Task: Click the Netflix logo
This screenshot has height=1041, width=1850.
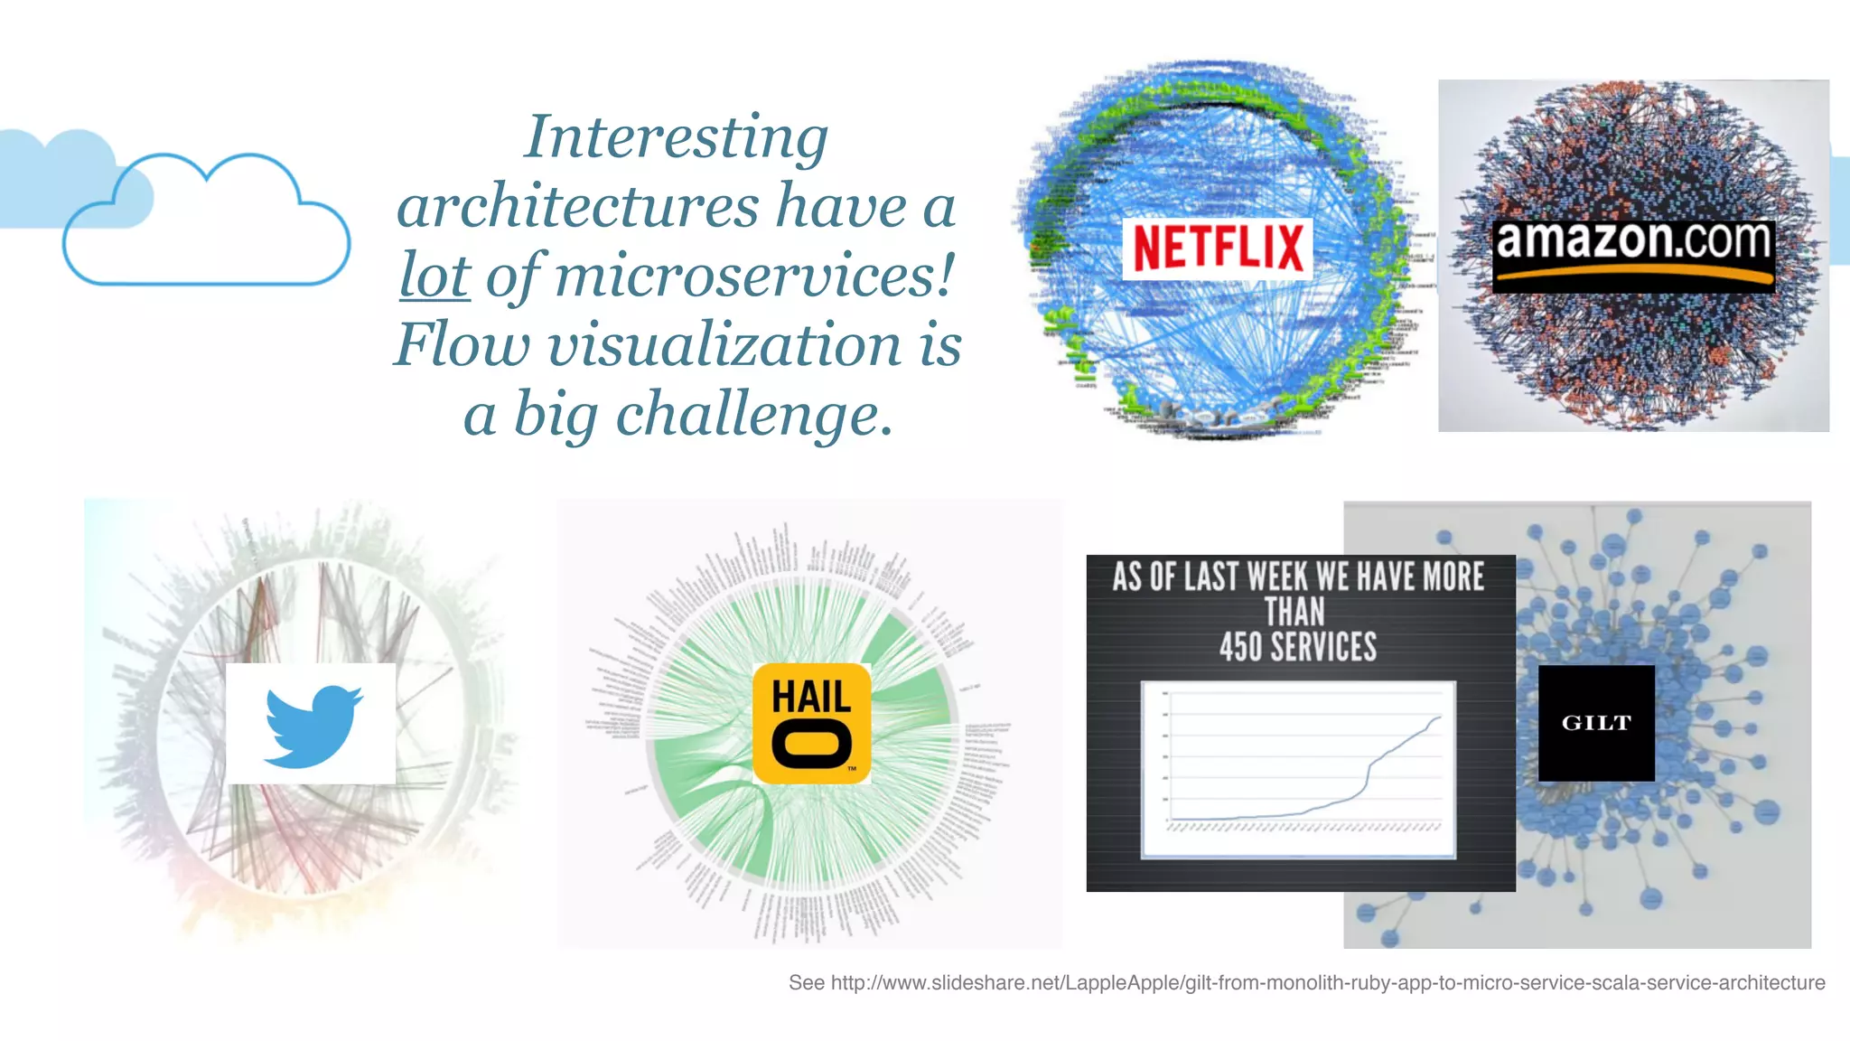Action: coord(1217,248)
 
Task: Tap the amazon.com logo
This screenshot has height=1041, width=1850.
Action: coord(1633,254)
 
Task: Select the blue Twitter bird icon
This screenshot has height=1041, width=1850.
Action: coord(312,725)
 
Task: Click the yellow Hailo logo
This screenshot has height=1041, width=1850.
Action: coord(811,723)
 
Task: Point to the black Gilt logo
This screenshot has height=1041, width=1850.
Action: coord(1596,723)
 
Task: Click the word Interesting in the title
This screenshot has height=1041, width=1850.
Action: coord(676,137)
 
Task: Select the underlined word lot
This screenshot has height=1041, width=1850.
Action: coord(434,276)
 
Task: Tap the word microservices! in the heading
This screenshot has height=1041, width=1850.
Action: coord(754,276)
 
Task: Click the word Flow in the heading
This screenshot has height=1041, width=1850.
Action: coord(462,345)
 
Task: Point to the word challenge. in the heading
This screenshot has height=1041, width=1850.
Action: coord(754,415)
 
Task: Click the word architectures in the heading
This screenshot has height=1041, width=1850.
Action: coord(577,207)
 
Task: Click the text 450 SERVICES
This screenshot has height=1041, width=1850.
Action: coord(1298,647)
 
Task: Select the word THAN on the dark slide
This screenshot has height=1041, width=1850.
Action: coord(1294,612)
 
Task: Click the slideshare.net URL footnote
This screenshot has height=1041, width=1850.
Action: coord(1327,982)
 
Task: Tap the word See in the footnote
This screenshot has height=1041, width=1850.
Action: coord(806,982)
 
